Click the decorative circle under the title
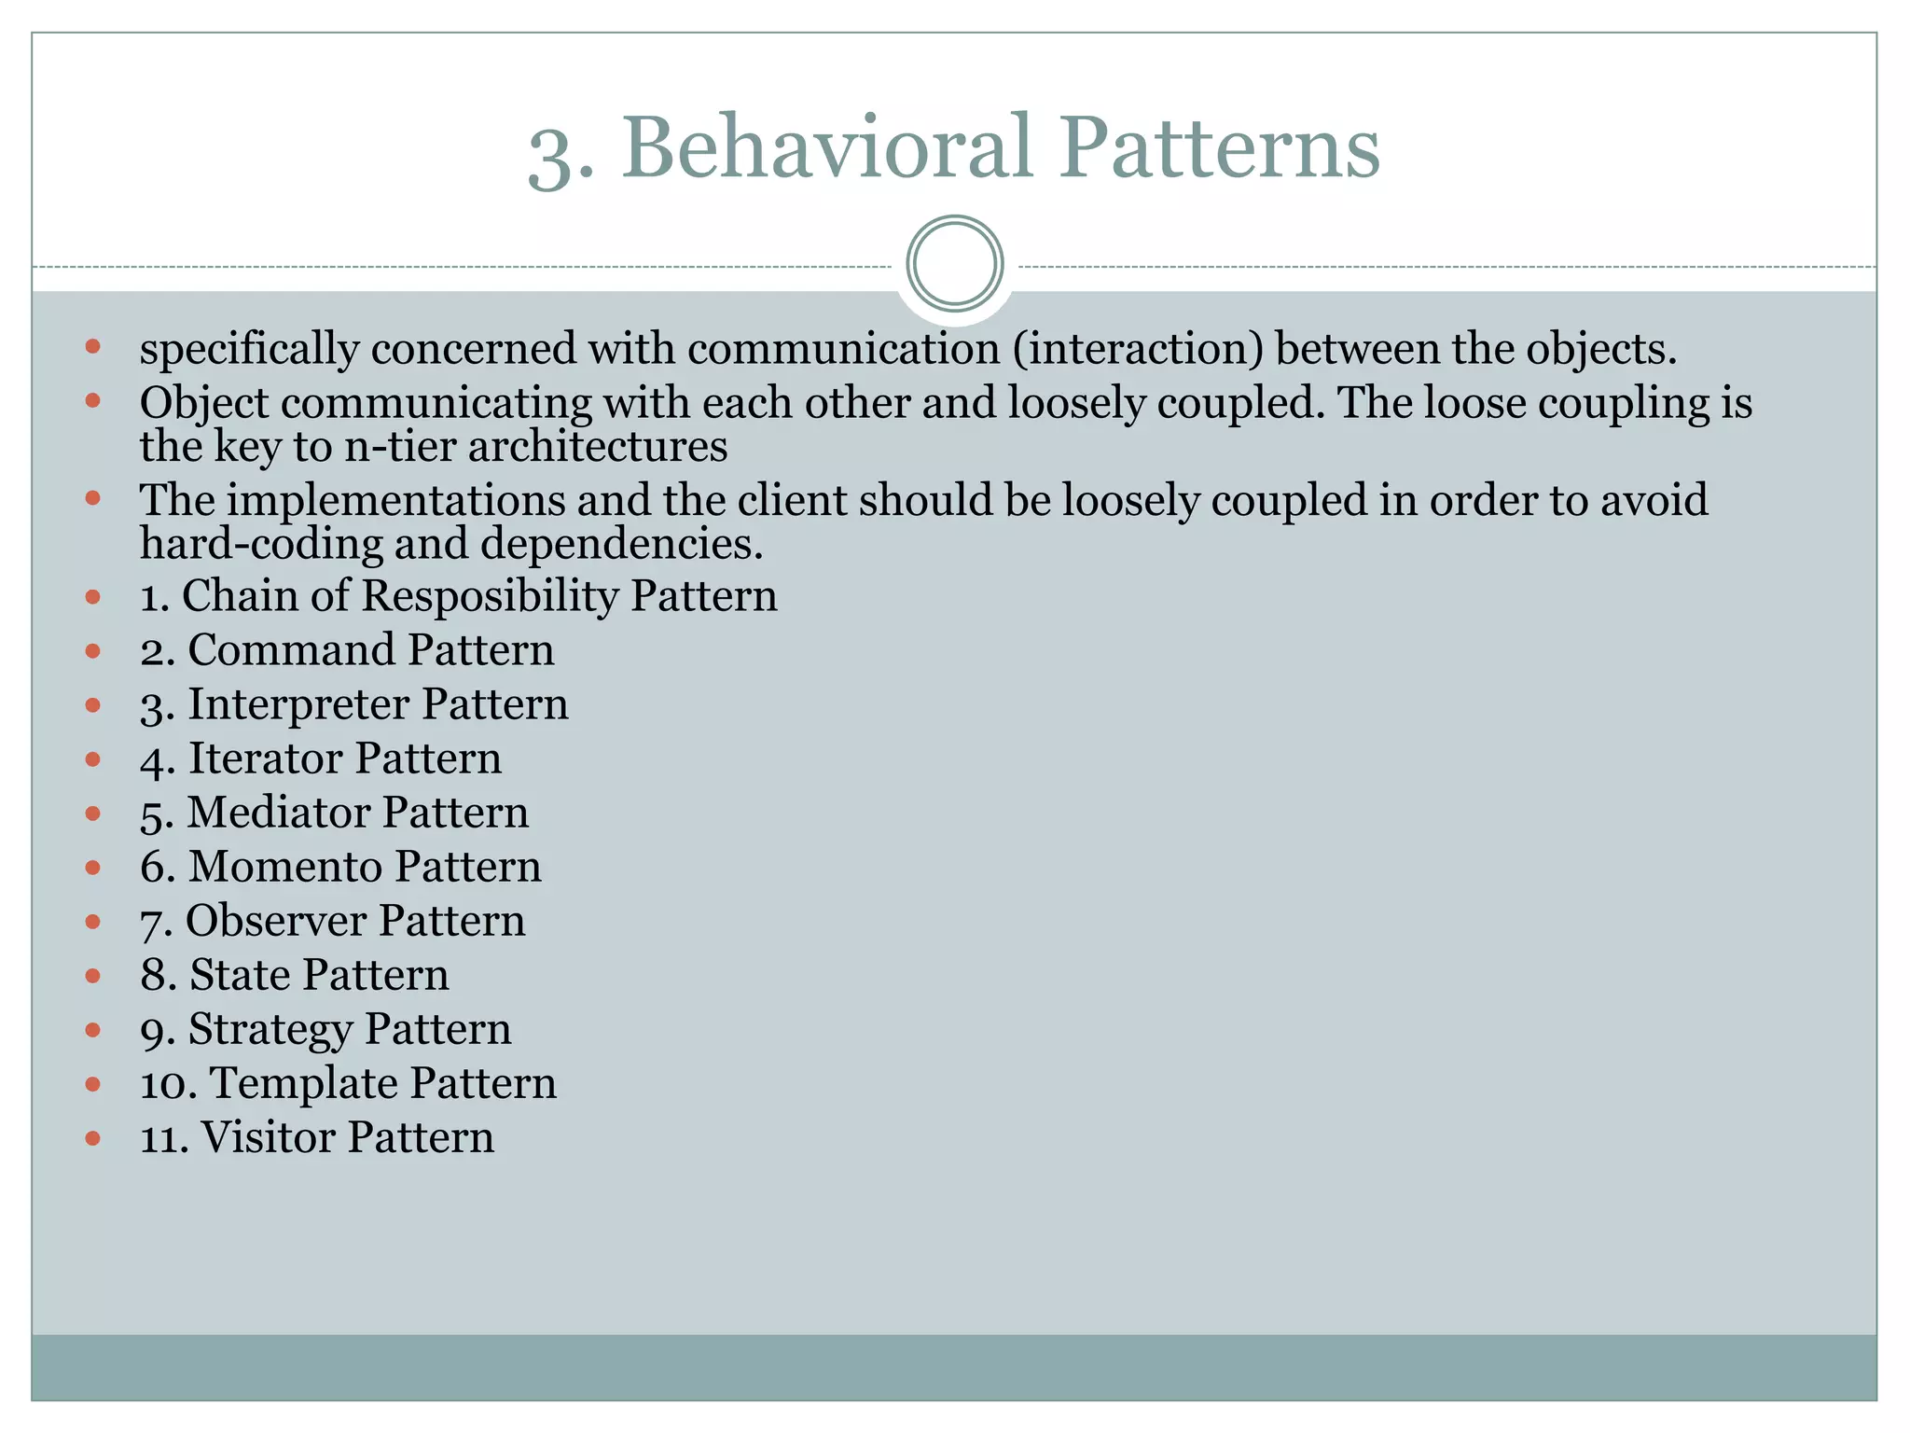click(955, 264)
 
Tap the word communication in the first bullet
click(844, 349)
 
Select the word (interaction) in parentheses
click(1138, 349)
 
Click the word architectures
click(598, 446)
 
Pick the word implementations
click(395, 501)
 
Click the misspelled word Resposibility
click(490, 596)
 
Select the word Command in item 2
click(291, 650)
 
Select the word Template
click(303, 1083)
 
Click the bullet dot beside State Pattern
click(92, 976)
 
